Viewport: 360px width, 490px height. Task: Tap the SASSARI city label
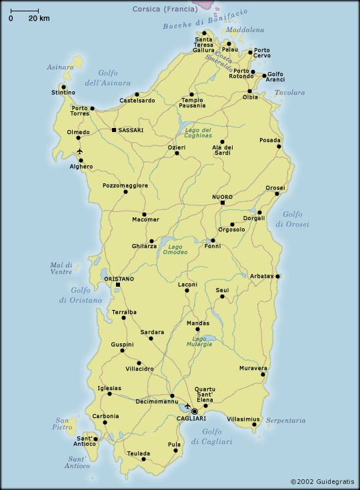click(x=131, y=130)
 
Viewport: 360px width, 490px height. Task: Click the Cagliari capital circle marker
click(x=195, y=411)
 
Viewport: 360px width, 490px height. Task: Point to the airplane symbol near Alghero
click(x=80, y=151)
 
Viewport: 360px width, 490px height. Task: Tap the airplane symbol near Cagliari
click(x=187, y=405)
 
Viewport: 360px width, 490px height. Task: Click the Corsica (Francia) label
click(x=164, y=9)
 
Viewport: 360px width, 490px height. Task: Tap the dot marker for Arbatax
click(x=277, y=276)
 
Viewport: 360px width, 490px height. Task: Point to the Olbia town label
click(x=250, y=97)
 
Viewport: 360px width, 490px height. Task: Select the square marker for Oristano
click(x=118, y=285)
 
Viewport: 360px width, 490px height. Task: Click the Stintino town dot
click(x=63, y=86)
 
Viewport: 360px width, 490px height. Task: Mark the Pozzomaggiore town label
click(x=125, y=185)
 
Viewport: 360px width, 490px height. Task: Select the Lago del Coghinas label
click(x=197, y=132)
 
